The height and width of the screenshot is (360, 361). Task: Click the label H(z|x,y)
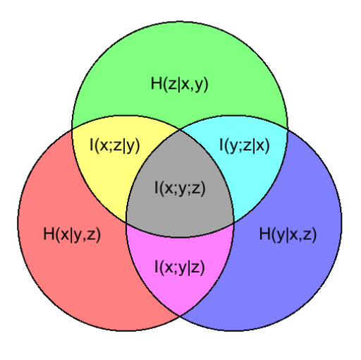coord(180,84)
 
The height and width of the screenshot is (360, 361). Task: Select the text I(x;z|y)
coord(115,145)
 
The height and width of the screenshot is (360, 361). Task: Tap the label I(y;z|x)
coord(244,145)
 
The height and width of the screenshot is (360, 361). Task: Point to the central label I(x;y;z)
coord(180,188)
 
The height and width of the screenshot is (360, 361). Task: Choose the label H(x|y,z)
coord(72,234)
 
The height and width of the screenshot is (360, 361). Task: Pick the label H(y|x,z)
coord(288,234)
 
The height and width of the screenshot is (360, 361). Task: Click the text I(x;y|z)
coord(180,268)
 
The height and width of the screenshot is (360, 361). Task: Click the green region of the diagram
coord(180,59)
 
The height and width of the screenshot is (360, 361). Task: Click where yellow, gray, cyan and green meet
coord(180,130)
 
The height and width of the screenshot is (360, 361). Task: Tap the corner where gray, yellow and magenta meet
coord(126,223)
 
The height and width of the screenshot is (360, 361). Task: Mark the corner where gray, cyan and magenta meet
coord(234,223)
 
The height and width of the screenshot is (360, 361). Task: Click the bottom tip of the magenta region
coord(180,316)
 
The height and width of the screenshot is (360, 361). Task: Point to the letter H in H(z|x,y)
coord(157,83)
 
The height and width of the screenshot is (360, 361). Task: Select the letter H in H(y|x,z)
coord(264,234)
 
